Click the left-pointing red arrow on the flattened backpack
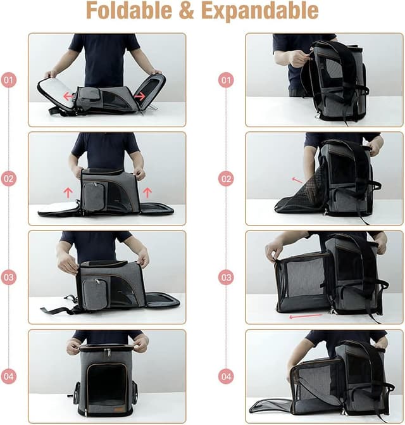(68, 96)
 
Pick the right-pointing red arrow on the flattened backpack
(140, 96)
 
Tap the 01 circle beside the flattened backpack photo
(9, 80)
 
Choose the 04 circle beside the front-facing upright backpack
(9, 376)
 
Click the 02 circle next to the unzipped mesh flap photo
(226, 179)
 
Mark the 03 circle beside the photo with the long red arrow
(226, 277)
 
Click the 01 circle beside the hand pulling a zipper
(226, 80)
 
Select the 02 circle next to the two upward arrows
(9, 179)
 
